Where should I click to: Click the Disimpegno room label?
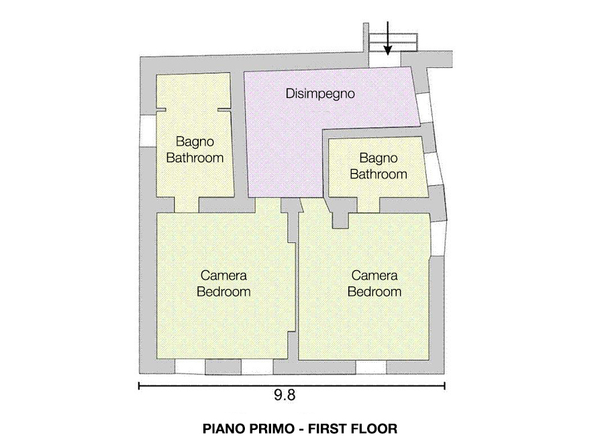pyautogui.click(x=320, y=94)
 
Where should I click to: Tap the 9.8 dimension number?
pyautogui.click(x=285, y=395)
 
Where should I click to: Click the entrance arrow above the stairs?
pyautogui.click(x=387, y=38)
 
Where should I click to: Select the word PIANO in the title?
pyautogui.click(x=222, y=429)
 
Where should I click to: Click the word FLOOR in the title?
pyautogui.click(x=375, y=429)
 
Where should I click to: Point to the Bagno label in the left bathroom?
pyautogui.click(x=195, y=142)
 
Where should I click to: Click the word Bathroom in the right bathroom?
pyautogui.click(x=379, y=174)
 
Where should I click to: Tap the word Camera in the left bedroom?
pyautogui.click(x=223, y=276)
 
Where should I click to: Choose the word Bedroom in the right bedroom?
pyautogui.click(x=374, y=292)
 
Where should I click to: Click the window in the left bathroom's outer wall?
pyautogui.click(x=148, y=131)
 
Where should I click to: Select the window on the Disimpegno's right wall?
pyautogui.click(x=425, y=108)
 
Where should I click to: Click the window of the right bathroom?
pyautogui.click(x=433, y=169)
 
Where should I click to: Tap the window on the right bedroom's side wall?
pyautogui.click(x=438, y=239)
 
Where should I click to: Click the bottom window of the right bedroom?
pyautogui.click(x=370, y=367)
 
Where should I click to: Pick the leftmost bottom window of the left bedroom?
pyautogui.click(x=190, y=367)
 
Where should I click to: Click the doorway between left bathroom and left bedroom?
pyautogui.click(x=187, y=205)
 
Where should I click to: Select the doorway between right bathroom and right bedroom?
pyautogui.click(x=368, y=205)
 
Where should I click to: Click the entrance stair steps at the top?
pyautogui.click(x=393, y=42)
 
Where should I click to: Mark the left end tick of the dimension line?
pyautogui.click(x=139, y=386)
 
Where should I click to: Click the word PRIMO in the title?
pyautogui.click(x=272, y=429)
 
